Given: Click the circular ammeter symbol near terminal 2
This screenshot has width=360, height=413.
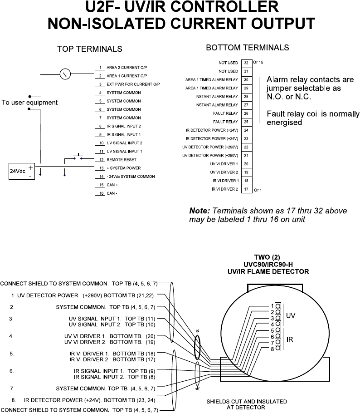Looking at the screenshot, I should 66,74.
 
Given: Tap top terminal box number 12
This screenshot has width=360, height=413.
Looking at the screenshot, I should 99,160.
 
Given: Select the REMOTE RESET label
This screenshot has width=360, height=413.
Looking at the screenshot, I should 122,160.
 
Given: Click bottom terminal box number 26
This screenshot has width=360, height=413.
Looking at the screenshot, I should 246,113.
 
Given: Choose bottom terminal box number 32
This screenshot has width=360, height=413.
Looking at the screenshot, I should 246,63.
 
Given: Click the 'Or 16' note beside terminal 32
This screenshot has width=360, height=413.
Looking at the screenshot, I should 258,61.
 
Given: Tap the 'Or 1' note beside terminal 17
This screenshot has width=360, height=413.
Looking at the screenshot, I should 258,190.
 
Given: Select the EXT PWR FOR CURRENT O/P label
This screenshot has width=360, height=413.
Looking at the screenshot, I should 133,84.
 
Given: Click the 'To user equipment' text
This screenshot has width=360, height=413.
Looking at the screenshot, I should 29,103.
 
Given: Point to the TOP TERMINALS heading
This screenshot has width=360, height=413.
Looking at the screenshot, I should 89,49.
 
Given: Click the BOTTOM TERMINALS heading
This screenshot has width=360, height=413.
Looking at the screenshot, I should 247,48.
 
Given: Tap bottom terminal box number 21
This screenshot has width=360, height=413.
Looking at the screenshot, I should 246,155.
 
